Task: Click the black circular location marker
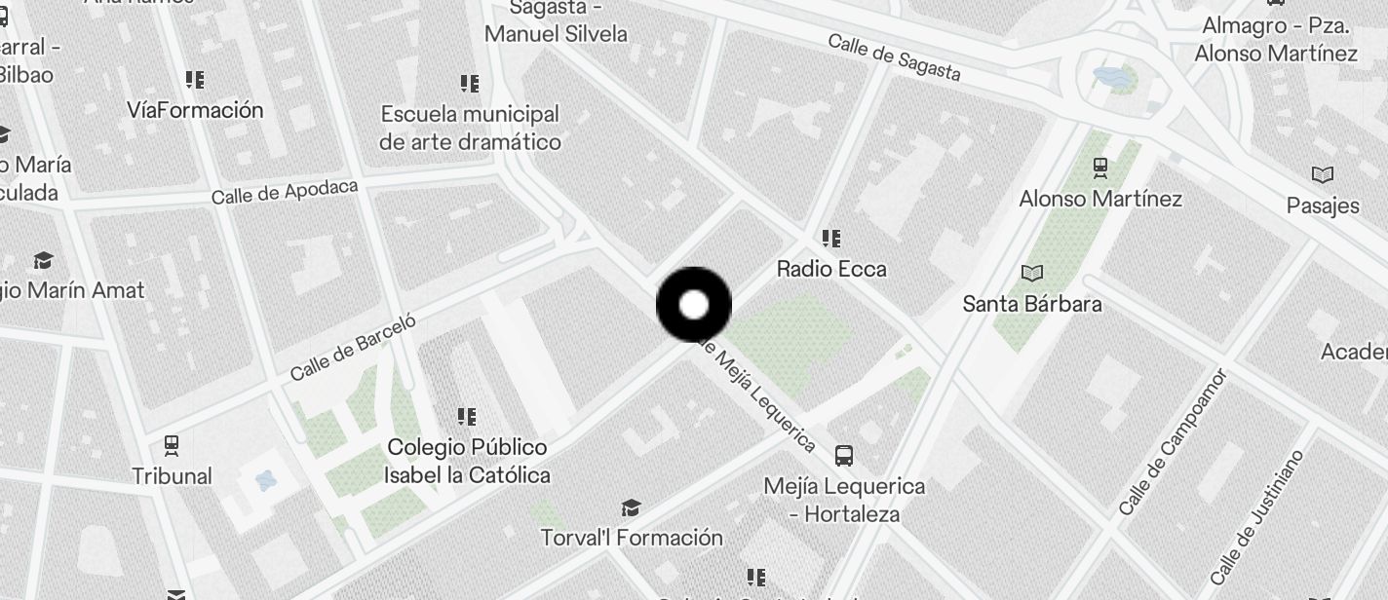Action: tap(694, 305)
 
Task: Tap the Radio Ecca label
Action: tap(831, 268)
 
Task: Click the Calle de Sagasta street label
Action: tap(894, 57)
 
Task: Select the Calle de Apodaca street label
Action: tap(285, 192)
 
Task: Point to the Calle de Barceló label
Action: tap(353, 347)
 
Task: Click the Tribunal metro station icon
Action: tap(172, 446)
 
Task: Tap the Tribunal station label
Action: tap(173, 476)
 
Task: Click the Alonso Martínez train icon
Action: tap(1100, 169)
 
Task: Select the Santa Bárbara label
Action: tap(1032, 304)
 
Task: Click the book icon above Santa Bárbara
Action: tap(1031, 273)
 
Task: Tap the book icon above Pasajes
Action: tap(1322, 175)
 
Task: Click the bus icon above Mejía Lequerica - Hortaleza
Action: tap(844, 455)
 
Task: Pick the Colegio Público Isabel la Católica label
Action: tap(467, 461)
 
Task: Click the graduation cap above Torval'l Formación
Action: tap(631, 507)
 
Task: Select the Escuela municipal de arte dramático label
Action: tap(470, 128)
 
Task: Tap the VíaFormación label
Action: tap(195, 110)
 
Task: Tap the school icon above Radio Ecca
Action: tap(831, 238)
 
